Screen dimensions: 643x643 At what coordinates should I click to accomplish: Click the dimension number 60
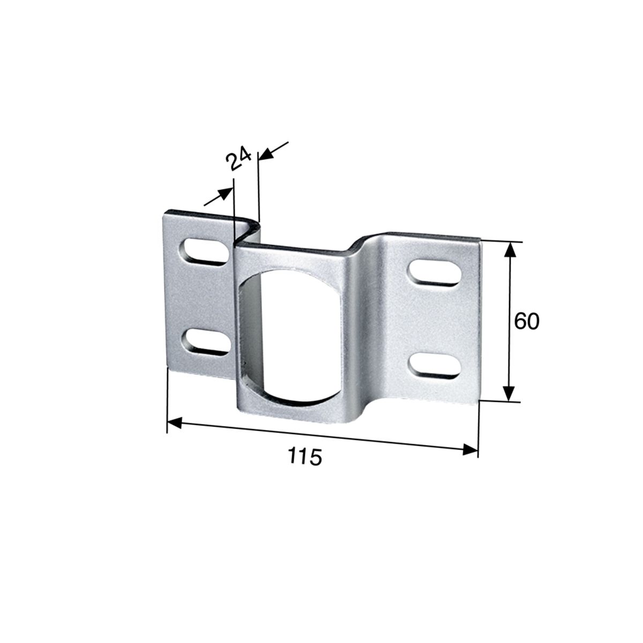527,322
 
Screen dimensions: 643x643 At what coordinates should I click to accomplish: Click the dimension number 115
305,457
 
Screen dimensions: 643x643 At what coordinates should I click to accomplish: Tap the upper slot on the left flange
205,252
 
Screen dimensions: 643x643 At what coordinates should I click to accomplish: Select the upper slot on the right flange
434,273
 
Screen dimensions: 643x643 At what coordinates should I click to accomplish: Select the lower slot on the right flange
434,366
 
